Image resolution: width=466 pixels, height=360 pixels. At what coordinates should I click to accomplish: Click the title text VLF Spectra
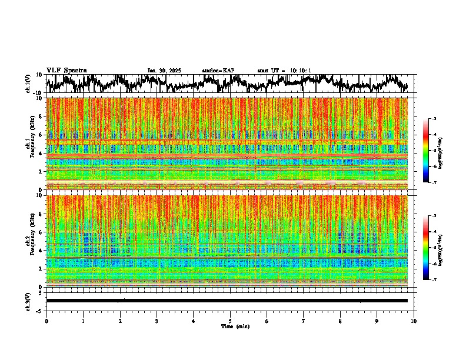(x=66, y=70)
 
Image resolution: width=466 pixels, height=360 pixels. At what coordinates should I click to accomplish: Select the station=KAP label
(x=218, y=71)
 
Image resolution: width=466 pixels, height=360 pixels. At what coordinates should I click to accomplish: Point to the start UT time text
(x=284, y=71)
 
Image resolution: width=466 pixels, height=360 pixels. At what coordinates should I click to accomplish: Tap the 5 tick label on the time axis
(x=230, y=321)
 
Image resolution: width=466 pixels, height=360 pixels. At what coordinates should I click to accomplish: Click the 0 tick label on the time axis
(x=46, y=321)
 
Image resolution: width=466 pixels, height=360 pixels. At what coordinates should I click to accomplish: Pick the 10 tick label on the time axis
(x=414, y=321)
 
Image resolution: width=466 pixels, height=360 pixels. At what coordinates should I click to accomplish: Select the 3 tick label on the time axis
(x=157, y=321)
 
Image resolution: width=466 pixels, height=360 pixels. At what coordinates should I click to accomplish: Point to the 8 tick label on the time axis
(x=340, y=321)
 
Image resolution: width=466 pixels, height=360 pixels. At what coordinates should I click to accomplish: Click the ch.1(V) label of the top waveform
(x=28, y=84)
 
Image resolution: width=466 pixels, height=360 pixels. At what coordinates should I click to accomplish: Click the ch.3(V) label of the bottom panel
(x=28, y=301)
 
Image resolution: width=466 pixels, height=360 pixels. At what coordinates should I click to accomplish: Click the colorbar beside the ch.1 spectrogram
(x=431, y=151)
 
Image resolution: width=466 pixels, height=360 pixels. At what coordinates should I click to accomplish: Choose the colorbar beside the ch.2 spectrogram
(x=431, y=248)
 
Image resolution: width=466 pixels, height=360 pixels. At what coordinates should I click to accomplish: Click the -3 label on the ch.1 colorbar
(x=438, y=119)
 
